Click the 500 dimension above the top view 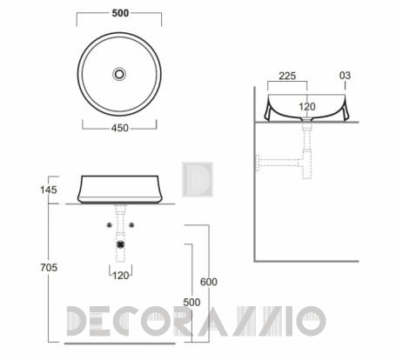click(x=120, y=13)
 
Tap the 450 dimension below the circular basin click(x=120, y=128)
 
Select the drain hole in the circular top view click(x=119, y=74)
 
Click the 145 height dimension click(x=49, y=190)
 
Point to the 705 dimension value click(x=49, y=267)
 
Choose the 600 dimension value click(x=209, y=282)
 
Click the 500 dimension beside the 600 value click(x=191, y=303)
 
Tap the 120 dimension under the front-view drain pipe click(x=121, y=276)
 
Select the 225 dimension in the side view click(x=287, y=76)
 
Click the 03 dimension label click(x=345, y=76)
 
